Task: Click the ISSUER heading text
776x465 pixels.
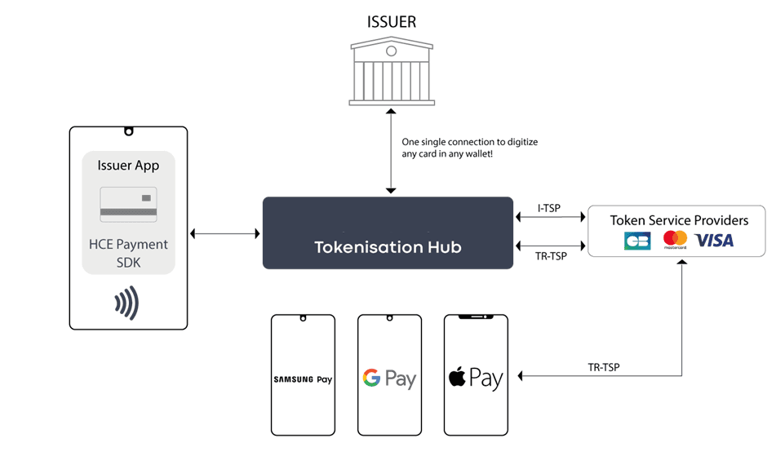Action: click(391, 22)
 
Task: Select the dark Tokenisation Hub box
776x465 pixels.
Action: click(388, 232)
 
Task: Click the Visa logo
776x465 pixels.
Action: click(714, 240)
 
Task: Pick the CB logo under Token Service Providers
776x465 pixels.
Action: click(637, 241)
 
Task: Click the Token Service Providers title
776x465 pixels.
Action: click(679, 220)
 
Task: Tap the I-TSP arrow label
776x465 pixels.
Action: click(549, 209)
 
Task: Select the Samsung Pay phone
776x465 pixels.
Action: click(303, 374)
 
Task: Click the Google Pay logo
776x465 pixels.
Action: click(389, 379)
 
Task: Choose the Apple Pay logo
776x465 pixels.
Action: click(476, 378)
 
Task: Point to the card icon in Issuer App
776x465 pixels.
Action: click(128, 204)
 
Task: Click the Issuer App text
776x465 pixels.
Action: click(128, 166)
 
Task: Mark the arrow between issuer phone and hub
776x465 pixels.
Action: click(224, 234)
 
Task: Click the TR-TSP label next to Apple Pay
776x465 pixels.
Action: click(603, 367)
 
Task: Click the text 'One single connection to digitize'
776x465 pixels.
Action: click(470, 142)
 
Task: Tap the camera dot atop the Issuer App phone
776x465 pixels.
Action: click(128, 131)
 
